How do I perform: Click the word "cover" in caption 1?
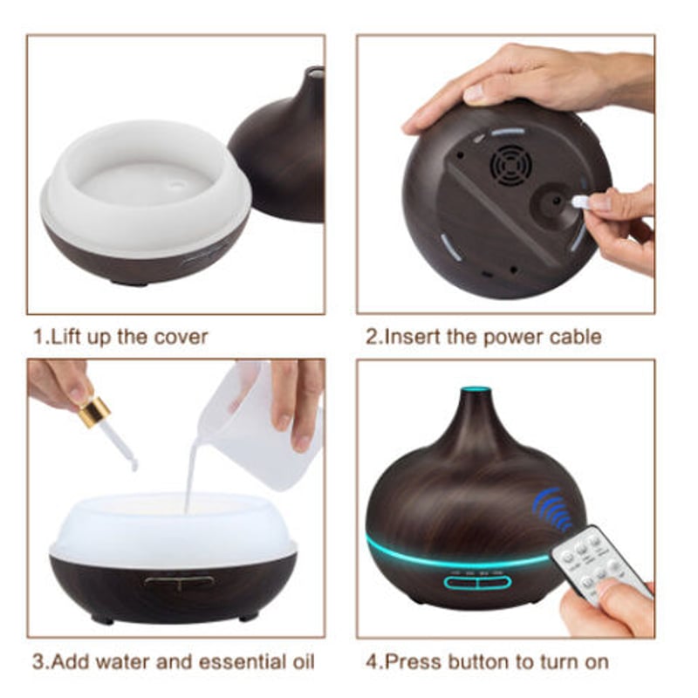click(181, 337)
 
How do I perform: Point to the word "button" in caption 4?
click(482, 661)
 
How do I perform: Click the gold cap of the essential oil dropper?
click(94, 412)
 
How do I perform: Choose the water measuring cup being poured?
click(260, 428)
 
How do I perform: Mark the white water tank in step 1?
click(146, 188)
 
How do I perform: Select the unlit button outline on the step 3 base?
click(179, 581)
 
